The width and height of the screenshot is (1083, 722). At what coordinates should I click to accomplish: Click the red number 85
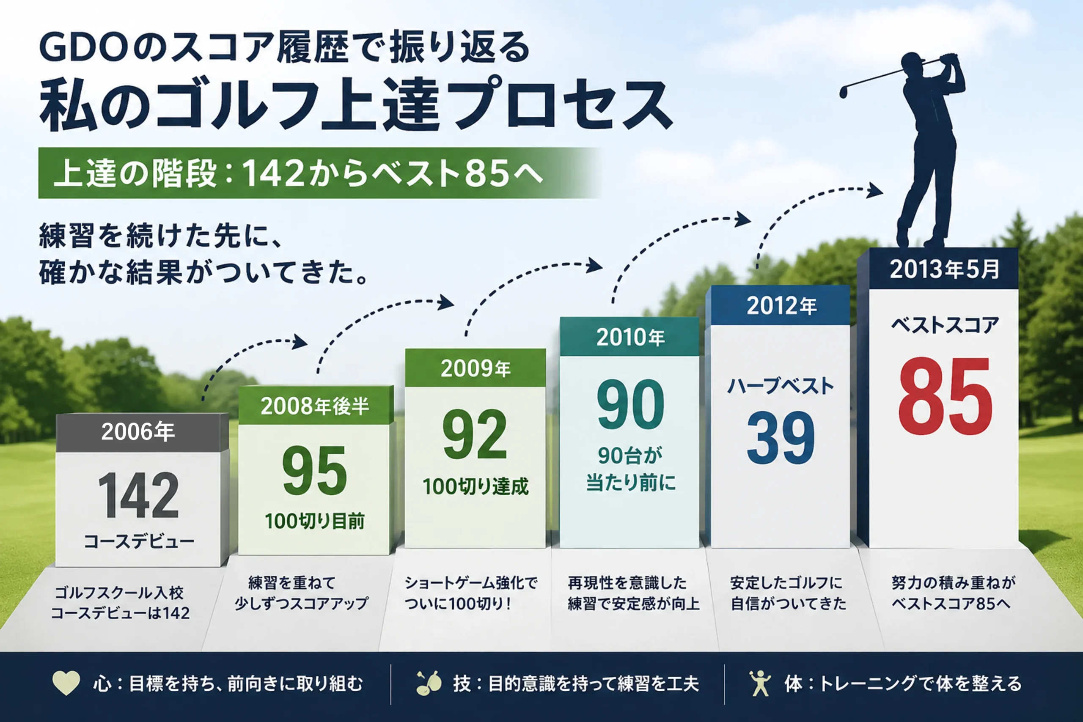coord(945,396)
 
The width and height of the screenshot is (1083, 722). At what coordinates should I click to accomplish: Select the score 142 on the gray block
coord(138,496)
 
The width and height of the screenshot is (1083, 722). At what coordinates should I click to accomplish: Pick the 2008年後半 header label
coord(315,406)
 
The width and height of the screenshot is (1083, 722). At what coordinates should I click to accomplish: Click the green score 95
coord(314,471)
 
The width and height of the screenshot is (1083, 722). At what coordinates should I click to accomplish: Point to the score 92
coord(475,435)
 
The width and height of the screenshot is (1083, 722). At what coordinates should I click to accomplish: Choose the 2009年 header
coord(476,368)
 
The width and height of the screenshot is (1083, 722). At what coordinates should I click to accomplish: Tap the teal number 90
coord(630,404)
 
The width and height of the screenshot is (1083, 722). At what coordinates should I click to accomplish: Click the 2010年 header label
coord(630,337)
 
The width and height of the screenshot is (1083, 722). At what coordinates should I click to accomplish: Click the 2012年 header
coord(781,306)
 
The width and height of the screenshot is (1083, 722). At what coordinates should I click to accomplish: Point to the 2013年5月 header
coord(944,269)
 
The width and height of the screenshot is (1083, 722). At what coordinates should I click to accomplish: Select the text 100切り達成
coord(475,487)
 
